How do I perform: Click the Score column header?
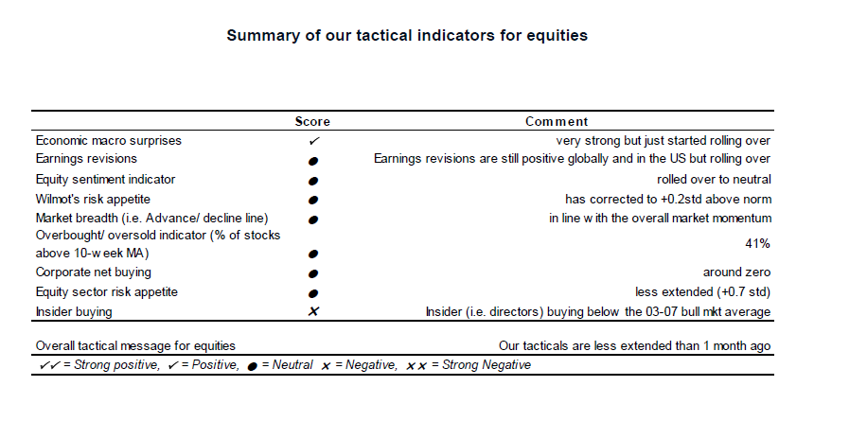tap(312, 122)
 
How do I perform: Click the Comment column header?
tap(557, 122)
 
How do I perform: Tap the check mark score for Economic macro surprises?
tap(314, 141)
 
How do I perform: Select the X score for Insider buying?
tap(313, 311)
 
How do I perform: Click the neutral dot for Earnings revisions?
tap(313, 161)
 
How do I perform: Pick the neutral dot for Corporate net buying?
tap(313, 273)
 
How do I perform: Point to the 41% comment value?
tap(757, 244)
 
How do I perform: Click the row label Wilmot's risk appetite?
tap(93, 199)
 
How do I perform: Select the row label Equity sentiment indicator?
tap(105, 180)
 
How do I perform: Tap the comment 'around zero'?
tap(736, 272)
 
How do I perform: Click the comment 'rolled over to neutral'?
tap(714, 179)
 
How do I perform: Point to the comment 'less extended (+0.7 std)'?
tap(702, 292)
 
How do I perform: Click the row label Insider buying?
tap(74, 312)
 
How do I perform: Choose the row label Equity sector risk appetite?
tap(107, 292)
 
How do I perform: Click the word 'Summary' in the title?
tap(262, 36)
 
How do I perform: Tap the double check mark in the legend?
tap(49, 365)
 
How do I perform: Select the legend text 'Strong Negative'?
tap(487, 365)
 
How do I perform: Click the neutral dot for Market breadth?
tap(313, 219)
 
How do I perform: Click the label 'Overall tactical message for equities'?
tap(135, 346)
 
